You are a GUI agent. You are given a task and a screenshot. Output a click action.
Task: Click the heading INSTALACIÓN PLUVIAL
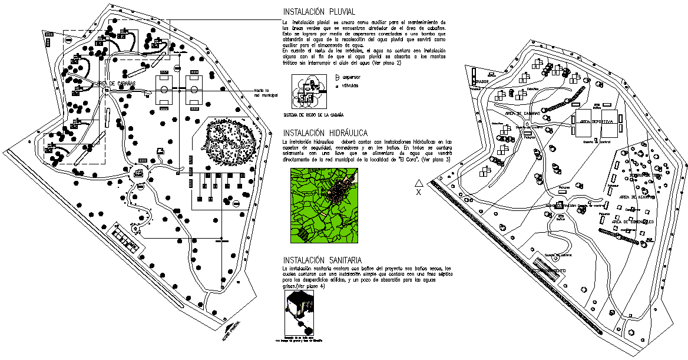pyautogui.click(x=327, y=12)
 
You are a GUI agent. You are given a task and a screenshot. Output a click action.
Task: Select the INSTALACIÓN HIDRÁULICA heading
pyautogui.click(x=334, y=133)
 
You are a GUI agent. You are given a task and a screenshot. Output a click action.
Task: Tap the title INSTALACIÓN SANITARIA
pyautogui.click(x=329, y=260)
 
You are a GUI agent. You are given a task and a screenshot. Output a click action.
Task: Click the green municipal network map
pyautogui.click(x=325, y=206)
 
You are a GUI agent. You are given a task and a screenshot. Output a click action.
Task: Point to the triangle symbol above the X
pyautogui.click(x=419, y=182)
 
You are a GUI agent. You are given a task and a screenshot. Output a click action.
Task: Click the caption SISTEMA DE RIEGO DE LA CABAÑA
pyautogui.click(x=313, y=115)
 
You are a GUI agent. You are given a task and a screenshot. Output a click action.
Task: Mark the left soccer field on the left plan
pyautogui.click(x=164, y=90)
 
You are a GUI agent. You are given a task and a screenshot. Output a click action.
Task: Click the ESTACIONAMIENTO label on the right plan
pyautogui.click(x=553, y=270)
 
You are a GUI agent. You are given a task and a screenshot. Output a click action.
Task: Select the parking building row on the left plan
pyautogui.click(x=126, y=239)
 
